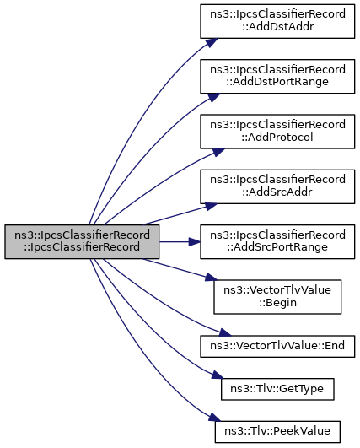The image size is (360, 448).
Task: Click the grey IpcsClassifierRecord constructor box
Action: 82,241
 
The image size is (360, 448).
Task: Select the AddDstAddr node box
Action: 277,21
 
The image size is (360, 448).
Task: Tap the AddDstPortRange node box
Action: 277,76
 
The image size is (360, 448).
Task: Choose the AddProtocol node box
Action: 277,132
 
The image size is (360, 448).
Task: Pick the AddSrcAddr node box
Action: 277,186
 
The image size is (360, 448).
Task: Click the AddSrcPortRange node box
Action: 277,241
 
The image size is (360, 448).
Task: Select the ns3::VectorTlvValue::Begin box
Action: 277,297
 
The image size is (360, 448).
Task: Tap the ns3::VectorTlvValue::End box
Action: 277,346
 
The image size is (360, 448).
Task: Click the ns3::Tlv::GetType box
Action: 277,389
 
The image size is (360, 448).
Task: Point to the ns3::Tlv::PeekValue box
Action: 277,431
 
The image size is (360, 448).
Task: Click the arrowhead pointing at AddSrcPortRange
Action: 195,241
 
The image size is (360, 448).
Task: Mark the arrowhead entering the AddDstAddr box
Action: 212,42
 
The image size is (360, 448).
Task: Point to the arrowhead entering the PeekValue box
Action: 215,417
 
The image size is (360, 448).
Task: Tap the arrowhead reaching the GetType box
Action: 217,375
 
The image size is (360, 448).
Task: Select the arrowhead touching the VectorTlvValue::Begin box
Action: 212,278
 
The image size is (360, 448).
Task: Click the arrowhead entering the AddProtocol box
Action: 218,152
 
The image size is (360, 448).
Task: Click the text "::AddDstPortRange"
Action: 277,82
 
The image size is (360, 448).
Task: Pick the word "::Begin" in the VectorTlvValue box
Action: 277,302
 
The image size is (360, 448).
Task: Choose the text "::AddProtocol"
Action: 277,137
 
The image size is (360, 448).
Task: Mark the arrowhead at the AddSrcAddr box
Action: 212,206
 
